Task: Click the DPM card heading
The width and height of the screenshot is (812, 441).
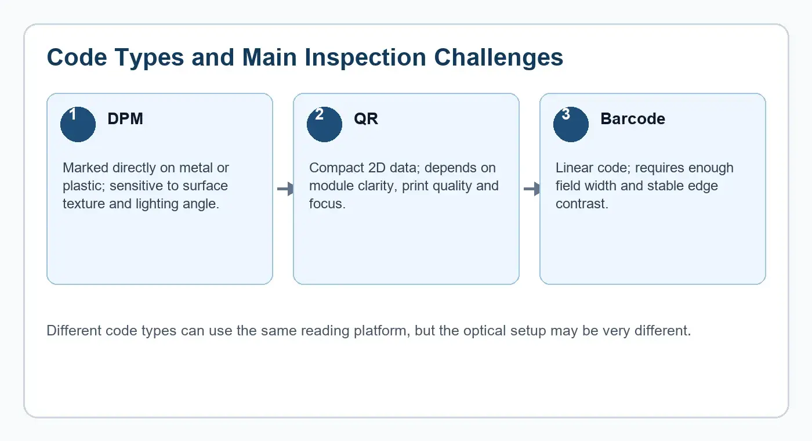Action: pos(125,118)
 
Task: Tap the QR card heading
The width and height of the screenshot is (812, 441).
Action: pos(366,119)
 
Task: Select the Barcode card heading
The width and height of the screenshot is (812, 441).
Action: pos(633,118)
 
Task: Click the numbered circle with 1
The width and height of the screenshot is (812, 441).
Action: pos(78,124)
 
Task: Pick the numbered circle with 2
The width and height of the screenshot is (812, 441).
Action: pos(324,124)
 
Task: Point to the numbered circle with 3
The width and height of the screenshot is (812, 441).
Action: pos(571,124)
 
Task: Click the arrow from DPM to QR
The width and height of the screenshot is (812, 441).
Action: pos(285,189)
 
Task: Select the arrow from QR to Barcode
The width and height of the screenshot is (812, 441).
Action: pos(532,189)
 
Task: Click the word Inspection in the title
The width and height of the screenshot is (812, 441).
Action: pos(365,57)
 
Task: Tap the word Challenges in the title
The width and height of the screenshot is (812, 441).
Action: pos(498,57)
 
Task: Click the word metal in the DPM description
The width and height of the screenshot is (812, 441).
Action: pos(196,168)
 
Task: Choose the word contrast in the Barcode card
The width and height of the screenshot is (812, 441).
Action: pos(581,204)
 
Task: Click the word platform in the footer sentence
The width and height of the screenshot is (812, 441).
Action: pos(382,331)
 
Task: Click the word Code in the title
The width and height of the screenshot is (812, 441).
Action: pos(77,57)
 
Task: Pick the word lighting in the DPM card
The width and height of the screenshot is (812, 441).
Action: pos(157,204)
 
